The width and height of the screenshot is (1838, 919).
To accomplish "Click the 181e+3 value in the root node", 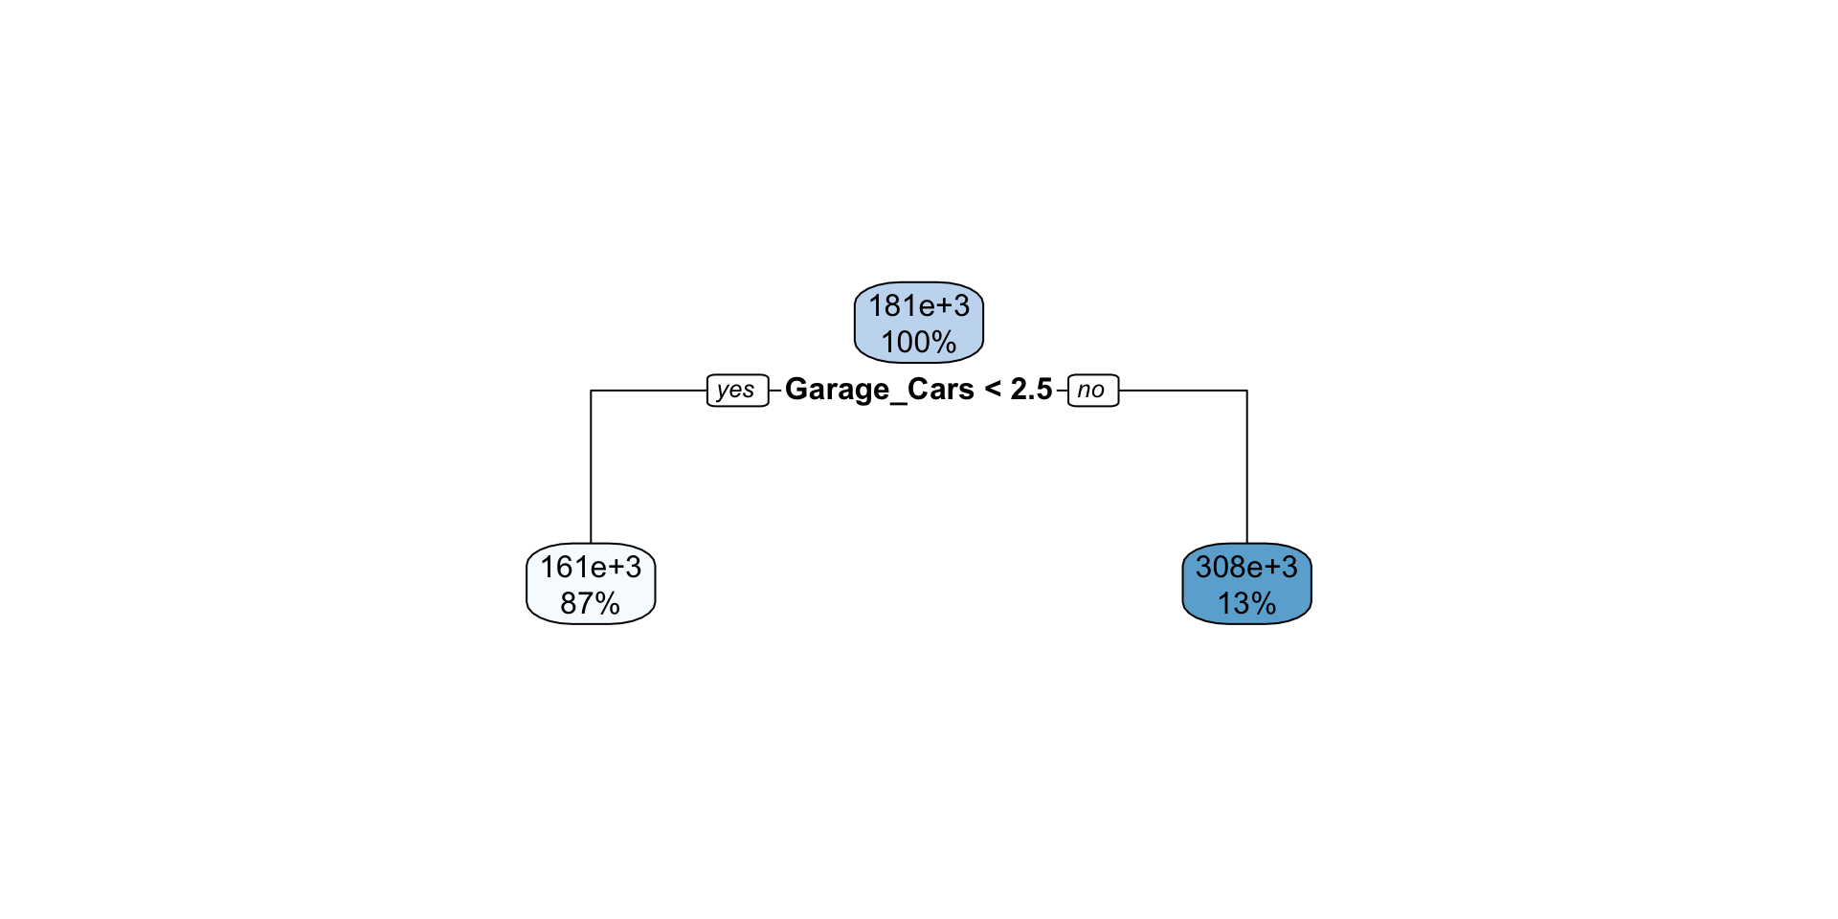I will tap(918, 306).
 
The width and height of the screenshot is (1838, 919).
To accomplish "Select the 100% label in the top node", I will tap(918, 342).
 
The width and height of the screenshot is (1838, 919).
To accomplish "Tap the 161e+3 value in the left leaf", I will tap(591, 568).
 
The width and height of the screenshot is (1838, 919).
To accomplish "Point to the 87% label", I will tap(590, 603).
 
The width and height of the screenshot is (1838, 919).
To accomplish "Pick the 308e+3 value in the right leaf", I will tap(1246, 568).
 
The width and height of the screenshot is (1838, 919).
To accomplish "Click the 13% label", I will tap(1246, 603).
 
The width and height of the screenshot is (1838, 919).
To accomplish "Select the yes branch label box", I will tap(737, 391).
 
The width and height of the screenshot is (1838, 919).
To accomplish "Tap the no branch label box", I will tap(1092, 391).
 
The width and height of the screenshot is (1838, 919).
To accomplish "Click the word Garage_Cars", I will tap(879, 390).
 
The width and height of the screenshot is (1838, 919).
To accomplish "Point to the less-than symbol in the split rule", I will tap(993, 390).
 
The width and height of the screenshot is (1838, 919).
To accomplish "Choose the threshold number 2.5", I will tap(1031, 390).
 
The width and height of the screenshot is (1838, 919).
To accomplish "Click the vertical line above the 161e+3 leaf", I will tap(591, 469).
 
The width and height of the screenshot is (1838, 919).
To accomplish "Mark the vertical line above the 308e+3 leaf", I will tap(1246, 469).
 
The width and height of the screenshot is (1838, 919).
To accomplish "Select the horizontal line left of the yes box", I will tap(651, 391).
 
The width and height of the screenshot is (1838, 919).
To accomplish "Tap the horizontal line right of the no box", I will tap(1182, 391).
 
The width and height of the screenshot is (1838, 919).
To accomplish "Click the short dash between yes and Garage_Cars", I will tap(775, 391).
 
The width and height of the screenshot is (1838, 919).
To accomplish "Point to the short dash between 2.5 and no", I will tap(1061, 391).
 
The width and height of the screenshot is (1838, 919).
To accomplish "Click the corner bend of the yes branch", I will tap(592, 391).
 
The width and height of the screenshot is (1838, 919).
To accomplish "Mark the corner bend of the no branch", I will tap(1246, 391).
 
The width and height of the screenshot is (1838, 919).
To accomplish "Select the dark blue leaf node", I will tap(1246, 584).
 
